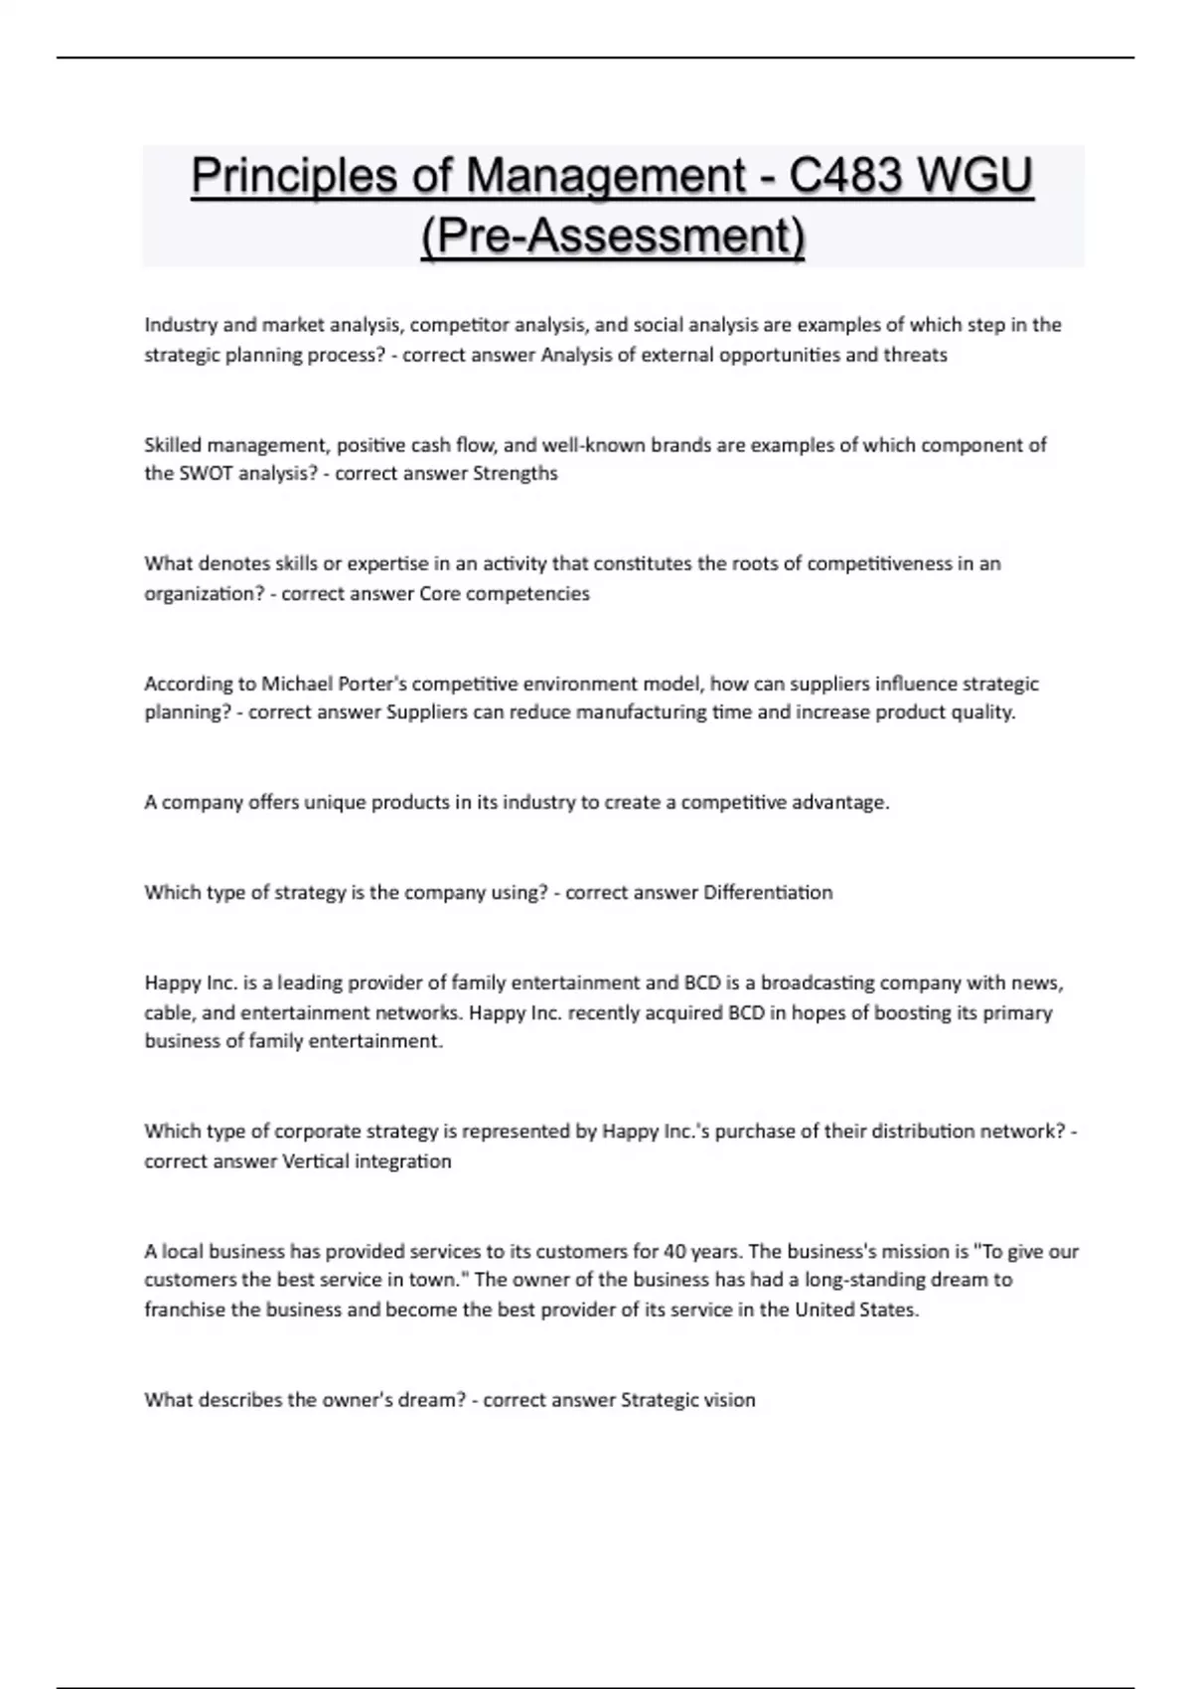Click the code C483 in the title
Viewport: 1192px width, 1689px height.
(845, 176)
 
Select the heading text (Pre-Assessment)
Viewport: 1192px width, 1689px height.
(613, 236)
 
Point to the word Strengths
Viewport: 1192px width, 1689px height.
(515, 474)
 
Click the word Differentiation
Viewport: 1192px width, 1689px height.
(768, 892)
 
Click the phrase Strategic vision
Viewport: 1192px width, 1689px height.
(687, 1400)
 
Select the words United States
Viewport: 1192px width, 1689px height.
(856, 1309)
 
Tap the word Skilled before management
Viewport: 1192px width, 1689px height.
(173, 445)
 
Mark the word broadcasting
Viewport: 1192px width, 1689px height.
(818, 983)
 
